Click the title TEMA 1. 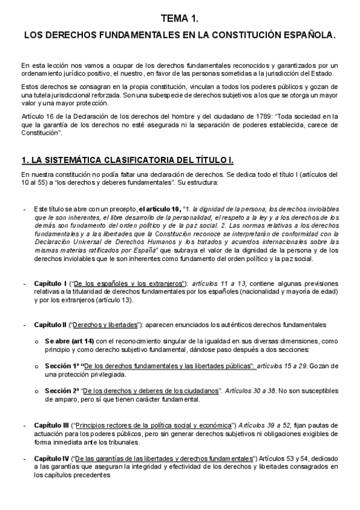pyautogui.click(x=180, y=20)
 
